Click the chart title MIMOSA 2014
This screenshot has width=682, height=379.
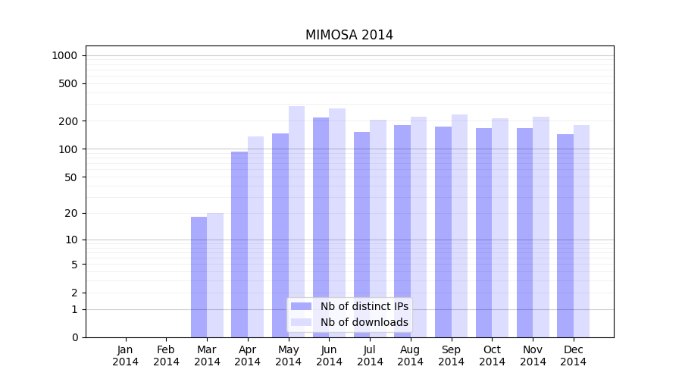[x=349, y=35]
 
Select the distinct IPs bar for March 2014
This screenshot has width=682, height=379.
[x=199, y=277]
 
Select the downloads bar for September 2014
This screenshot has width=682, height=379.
[x=459, y=226]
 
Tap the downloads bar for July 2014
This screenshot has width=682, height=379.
[x=378, y=228]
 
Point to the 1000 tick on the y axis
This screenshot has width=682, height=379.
[x=64, y=55]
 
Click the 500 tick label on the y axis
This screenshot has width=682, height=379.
[x=69, y=83]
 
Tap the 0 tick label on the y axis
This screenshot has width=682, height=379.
[x=74, y=337]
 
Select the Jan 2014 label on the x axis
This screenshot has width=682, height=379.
[x=126, y=356]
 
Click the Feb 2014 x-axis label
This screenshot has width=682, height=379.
[x=167, y=356]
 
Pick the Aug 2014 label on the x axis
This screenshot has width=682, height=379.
[x=411, y=356]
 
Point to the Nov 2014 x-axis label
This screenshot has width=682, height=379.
[x=533, y=356]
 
